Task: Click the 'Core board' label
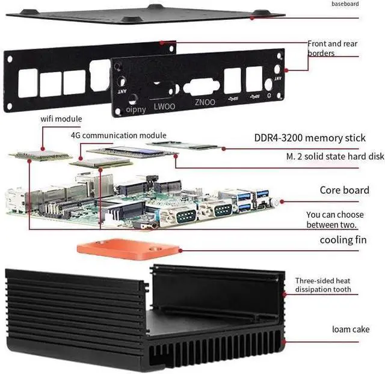click(x=344, y=191)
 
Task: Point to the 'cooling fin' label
click(x=344, y=241)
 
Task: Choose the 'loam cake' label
click(x=351, y=329)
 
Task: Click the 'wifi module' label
click(x=61, y=119)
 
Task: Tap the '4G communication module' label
click(x=119, y=135)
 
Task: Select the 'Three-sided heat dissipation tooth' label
click(x=323, y=285)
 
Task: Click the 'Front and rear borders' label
click(x=333, y=48)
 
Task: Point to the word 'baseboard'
click(x=345, y=4)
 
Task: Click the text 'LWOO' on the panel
click(x=164, y=106)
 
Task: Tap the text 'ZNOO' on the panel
click(x=205, y=102)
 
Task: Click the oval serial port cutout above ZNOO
click(x=201, y=85)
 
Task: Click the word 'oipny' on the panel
click(x=136, y=109)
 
